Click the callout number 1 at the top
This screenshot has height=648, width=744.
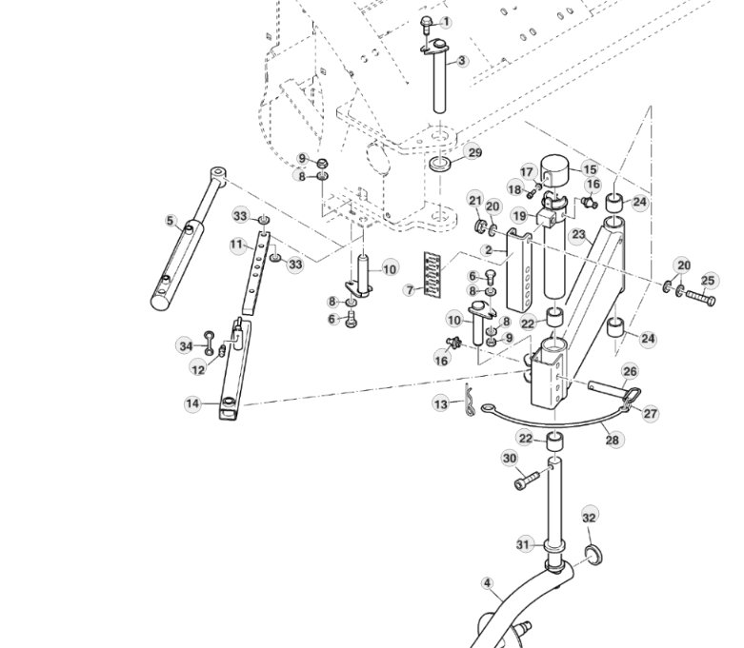(x=447, y=22)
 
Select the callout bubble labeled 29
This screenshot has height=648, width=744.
(x=473, y=152)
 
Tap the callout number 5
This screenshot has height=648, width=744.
(x=171, y=221)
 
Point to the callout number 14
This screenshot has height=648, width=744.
(x=192, y=404)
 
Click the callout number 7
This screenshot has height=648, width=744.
(x=410, y=289)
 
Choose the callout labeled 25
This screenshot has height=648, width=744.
(x=708, y=281)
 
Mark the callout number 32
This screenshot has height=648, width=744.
(x=590, y=517)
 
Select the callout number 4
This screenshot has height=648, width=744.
(x=488, y=583)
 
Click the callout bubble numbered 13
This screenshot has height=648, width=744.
(x=440, y=404)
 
